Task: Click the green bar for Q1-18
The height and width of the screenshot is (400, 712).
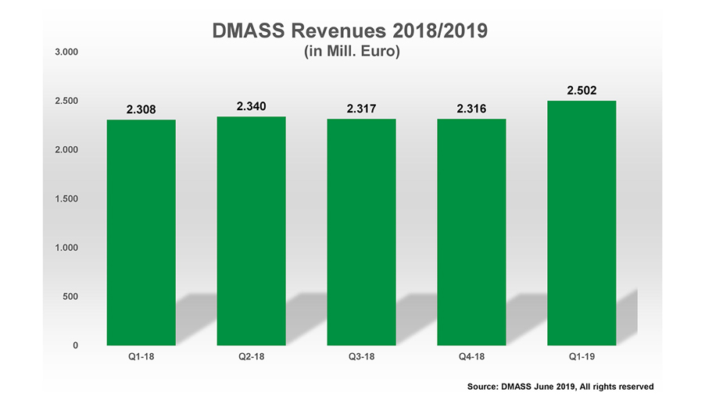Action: [141, 232]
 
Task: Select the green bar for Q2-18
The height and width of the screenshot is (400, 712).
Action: [251, 230]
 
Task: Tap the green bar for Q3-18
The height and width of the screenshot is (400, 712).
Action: [361, 232]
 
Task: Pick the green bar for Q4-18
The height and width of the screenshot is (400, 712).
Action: [471, 232]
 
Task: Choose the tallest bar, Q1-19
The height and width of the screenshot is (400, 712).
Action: [581, 223]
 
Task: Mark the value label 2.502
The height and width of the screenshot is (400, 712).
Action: [581, 91]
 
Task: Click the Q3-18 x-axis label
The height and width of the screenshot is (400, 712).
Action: [361, 358]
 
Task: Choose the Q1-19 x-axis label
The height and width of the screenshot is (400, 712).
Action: [581, 358]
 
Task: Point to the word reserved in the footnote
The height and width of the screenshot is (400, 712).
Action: [634, 386]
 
